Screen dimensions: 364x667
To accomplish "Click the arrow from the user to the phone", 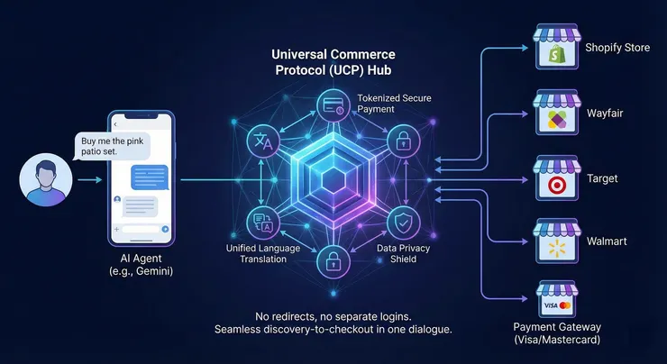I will click(83, 180).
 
